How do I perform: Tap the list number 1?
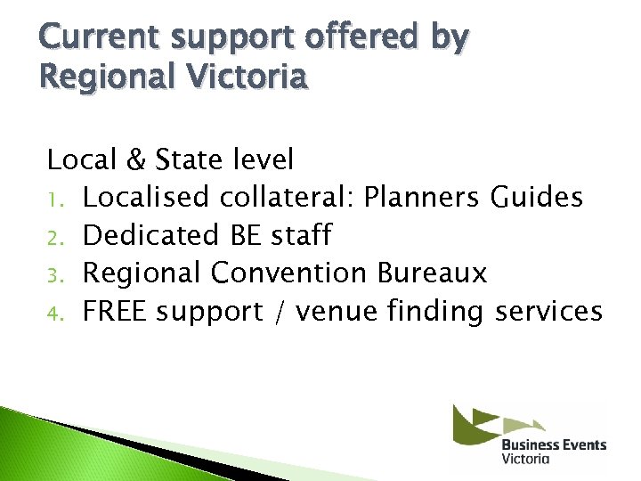[53, 199]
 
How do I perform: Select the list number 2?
[53, 237]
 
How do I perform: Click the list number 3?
[53, 275]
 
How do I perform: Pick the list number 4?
[53, 314]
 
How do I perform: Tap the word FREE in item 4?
[118, 312]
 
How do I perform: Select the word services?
[548, 312]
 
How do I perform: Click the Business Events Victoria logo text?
[553, 450]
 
